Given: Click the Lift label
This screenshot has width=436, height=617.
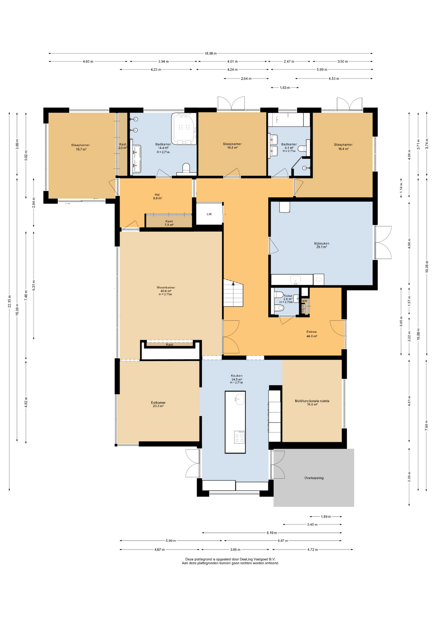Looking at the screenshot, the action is pyautogui.click(x=209, y=214).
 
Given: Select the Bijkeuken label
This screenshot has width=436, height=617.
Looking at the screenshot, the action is pyautogui.click(x=321, y=245).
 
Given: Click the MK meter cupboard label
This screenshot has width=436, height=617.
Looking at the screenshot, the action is pyautogui.click(x=305, y=301).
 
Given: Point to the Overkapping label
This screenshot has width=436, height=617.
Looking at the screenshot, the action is pyautogui.click(x=314, y=478).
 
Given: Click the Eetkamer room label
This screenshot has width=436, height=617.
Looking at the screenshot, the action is pyautogui.click(x=158, y=404).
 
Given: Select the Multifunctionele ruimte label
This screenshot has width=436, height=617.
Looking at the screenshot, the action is pyautogui.click(x=312, y=403).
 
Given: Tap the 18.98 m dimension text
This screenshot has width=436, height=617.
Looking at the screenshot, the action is pyautogui.click(x=211, y=53).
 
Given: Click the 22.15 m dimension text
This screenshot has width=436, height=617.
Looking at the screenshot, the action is pyautogui.click(x=10, y=301).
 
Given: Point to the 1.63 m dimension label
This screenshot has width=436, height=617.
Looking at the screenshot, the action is pyautogui.click(x=285, y=87).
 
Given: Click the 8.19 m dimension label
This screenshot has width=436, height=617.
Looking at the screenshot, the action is pyautogui.click(x=272, y=532).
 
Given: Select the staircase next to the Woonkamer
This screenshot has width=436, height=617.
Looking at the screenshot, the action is pyautogui.click(x=233, y=293).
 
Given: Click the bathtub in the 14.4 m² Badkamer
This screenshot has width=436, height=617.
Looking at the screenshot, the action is pyautogui.click(x=184, y=129).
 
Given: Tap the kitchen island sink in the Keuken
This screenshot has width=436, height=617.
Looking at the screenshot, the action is pyautogui.click(x=240, y=399).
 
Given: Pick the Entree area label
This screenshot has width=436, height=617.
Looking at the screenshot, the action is pyautogui.click(x=311, y=334).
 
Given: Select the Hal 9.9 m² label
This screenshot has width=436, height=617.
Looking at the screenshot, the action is pyautogui.click(x=157, y=196).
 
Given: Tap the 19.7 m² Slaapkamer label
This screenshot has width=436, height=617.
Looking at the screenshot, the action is pyautogui.click(x=81, y=147).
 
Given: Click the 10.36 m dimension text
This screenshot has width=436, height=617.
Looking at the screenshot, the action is pyautogui.click(x=427, y=266).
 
